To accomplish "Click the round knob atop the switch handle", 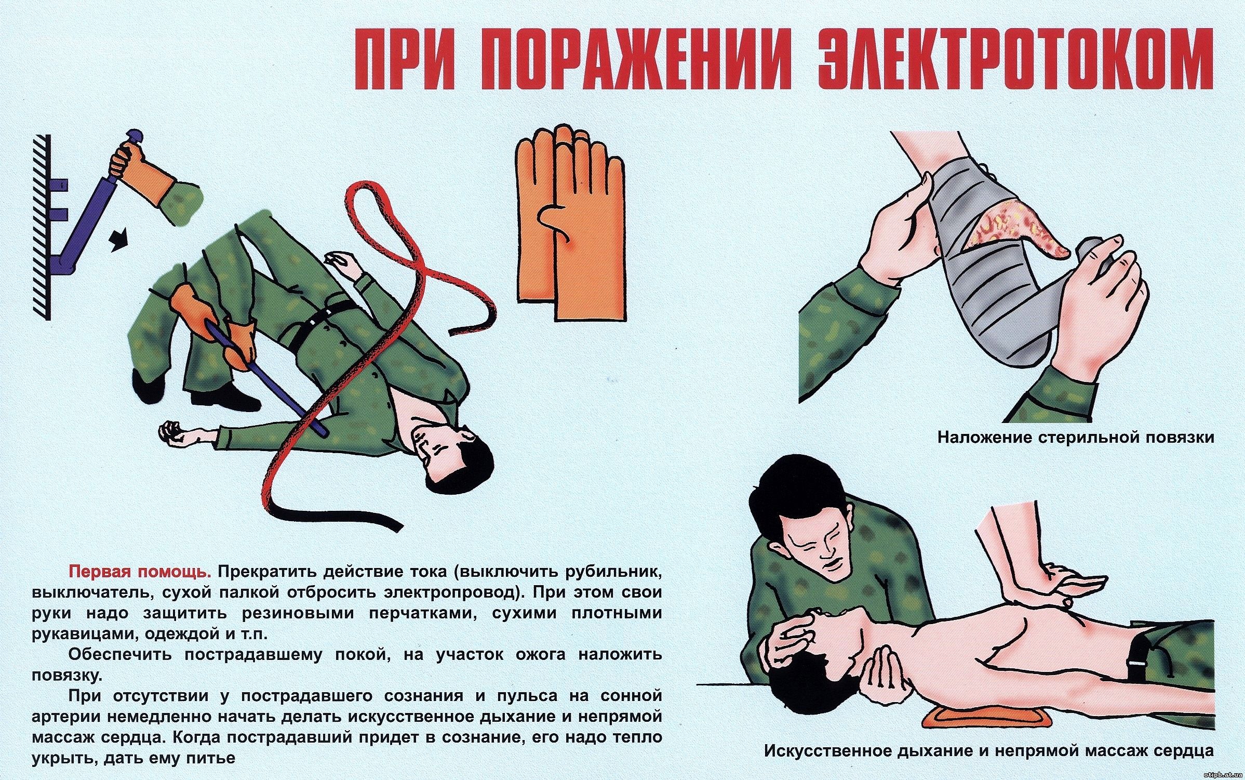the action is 132,139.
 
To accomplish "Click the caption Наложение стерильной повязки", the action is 1076,437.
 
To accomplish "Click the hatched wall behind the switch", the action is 42,226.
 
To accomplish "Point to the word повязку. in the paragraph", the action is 67,676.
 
